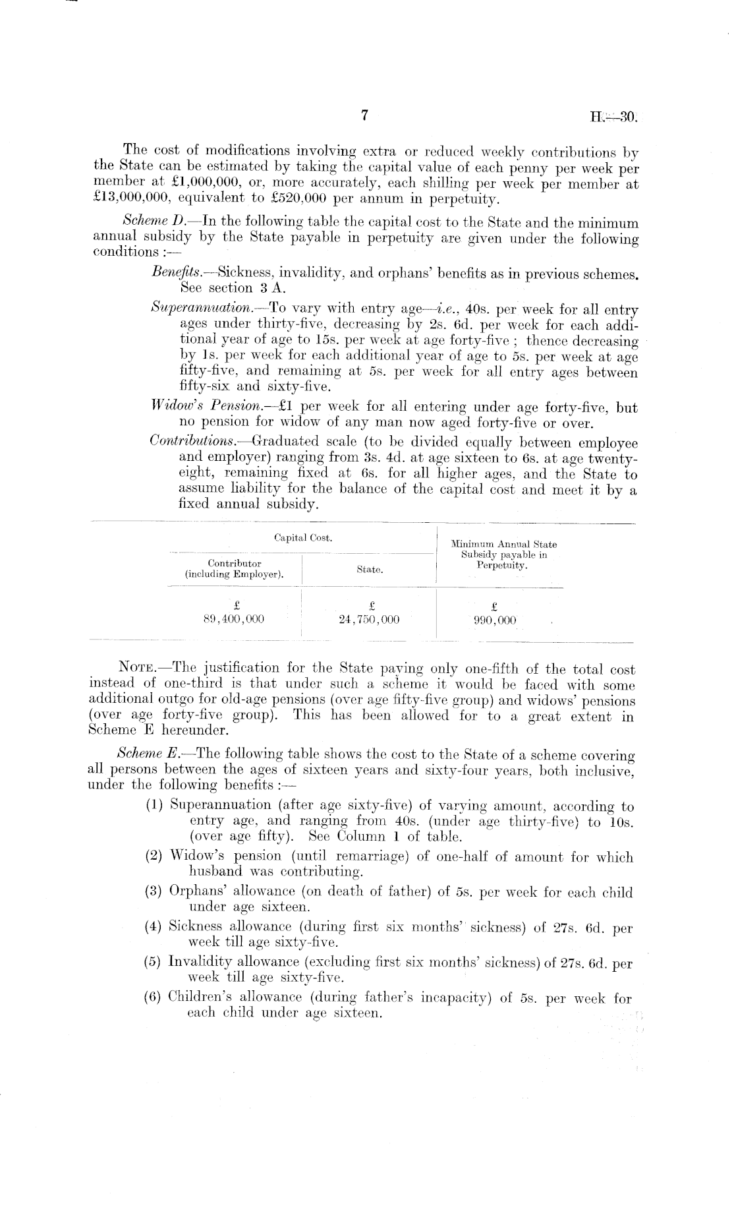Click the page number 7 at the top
point(364,116)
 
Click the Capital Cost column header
point(303,538)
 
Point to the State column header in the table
point(370,569)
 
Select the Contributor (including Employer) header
point(235,569)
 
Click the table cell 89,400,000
point(235,620)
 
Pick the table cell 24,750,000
point(369,620)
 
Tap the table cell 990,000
point(495,620)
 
